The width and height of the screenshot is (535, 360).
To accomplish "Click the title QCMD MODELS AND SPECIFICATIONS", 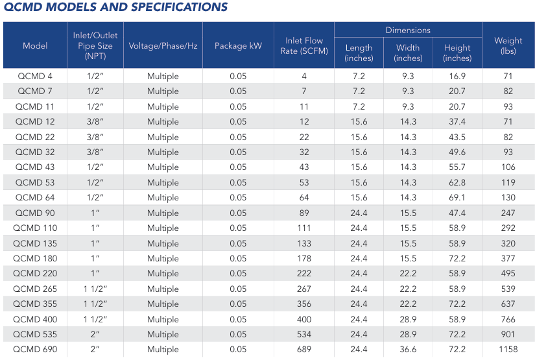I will tap(116, 8).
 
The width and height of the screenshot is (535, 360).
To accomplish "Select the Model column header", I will tap(35, 46).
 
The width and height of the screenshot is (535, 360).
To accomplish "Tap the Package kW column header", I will tap(238, 46).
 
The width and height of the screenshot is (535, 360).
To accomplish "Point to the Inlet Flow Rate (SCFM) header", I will tap(303, 46).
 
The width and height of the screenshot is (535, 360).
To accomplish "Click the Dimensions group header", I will tap(408, 30).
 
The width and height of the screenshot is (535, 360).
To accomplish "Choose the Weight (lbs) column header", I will tap(508, 46).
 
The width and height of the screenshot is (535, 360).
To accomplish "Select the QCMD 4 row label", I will tap(35, 77).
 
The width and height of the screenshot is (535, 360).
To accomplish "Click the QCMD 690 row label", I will tap(35, 350).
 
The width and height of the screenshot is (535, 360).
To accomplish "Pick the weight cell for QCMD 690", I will tap(508, 350).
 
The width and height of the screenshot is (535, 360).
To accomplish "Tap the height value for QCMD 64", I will tap(457, 198).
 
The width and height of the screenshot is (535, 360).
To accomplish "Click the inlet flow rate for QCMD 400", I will tap(303, 319).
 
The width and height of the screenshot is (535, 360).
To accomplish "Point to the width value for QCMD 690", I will tap(408, 350).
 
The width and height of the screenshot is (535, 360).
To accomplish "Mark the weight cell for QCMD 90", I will tap(508, 213).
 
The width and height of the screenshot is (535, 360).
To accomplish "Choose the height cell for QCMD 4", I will tap(457, 77).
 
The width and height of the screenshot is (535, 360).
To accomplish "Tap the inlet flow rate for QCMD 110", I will tap(303, 228).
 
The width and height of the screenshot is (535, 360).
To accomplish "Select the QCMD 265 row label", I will tap(35, 289).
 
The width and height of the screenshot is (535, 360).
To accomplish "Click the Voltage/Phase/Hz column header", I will tap(163, 46).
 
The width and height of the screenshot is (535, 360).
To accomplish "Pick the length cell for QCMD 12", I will tap(359, 122).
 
